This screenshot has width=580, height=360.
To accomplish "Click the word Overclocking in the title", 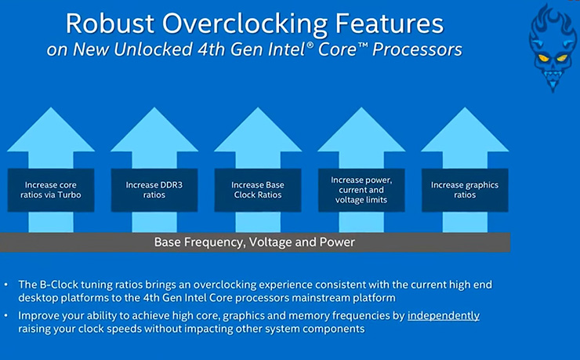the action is pos(245,24).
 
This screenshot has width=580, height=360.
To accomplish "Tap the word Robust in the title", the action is pos(110,24).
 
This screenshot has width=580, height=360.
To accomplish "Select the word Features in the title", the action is pos(390,24).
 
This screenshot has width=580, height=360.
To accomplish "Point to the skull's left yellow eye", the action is pos(543,58).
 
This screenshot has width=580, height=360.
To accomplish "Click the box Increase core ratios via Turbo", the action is pos(51,190).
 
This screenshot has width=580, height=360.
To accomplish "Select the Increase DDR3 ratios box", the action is pos(154,190).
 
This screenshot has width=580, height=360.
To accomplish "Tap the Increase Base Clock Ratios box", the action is pos(258,190).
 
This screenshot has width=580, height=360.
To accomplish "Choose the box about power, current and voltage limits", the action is pos(361,190).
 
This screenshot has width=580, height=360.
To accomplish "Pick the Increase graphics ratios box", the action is pos(465,190).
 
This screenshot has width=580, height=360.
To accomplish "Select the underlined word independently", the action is pos(444,316).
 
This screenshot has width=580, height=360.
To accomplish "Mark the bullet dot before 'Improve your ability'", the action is pos(6,315).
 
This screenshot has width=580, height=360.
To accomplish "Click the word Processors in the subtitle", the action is pos(417,49).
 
